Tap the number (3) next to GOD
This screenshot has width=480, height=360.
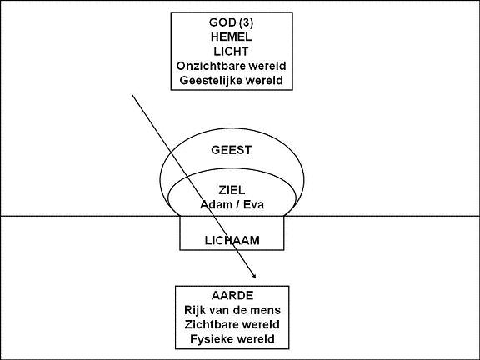click(x=247, y=22)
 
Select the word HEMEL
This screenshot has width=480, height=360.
click(x=232, y=37)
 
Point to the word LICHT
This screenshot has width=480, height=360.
click(x=231, y=52)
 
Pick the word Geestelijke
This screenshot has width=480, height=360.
click(x=212, y=81)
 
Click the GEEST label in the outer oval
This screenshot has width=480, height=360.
click(x=232, y=150)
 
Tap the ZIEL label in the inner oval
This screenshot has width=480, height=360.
click(x=232, y=190)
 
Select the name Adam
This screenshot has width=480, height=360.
click(x=213, y=204)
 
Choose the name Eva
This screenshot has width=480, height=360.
click(x=253, y=204)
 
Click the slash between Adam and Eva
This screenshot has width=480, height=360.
click(x=235, y=204)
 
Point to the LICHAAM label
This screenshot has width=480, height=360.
click(x=232, y=240)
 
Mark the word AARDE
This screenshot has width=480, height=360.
click(x=232, y=295)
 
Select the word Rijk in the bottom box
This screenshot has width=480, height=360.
click(x=195, y=310)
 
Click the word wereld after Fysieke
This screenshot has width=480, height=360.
click(x=256, y=339)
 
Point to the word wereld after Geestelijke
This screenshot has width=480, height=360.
click(x=265, y=81)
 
